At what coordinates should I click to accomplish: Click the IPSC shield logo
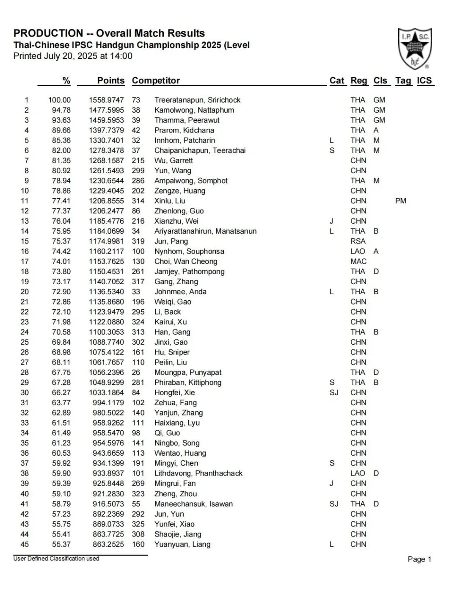[x=415, y=48]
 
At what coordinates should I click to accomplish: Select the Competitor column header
[x=156, y=80]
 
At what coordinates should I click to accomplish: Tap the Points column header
[x=111, y=80]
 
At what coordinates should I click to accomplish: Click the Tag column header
[x=403, y=80]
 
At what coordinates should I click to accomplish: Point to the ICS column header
[x=424, y=80]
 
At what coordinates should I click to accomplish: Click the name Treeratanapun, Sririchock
[x=197, y=100]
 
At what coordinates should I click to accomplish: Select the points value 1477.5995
[x=106, y=110]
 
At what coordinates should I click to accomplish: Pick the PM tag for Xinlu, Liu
[x=400, y=201]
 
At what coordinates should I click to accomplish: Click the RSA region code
[x=358, y=241]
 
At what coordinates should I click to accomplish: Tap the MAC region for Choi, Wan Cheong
[x=358, y=261]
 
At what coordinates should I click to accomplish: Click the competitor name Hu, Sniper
[x=172, y=352]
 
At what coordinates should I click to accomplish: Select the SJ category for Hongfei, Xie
[x=334, y=393]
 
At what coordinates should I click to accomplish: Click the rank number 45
[x=25, y=544]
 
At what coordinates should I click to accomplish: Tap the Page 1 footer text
[x=419, y=559]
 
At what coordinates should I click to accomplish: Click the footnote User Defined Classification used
[x=56, y=559]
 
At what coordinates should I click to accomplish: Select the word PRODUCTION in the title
[x=48, y=33]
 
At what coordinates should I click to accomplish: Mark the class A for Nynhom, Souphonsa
[x=376, y=251]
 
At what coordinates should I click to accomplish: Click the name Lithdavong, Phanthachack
[x=198, y=473]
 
